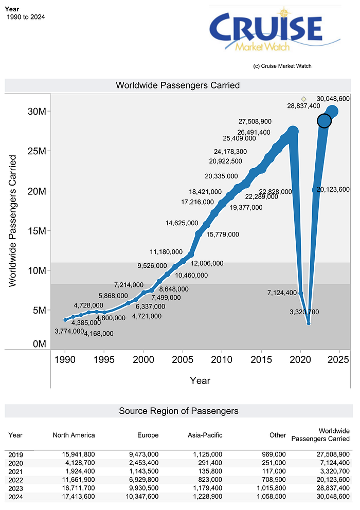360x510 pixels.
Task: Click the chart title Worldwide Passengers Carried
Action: pos(177,85)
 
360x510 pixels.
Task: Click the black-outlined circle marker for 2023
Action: pos(324,121)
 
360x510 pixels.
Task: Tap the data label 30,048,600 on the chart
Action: pos(333,98)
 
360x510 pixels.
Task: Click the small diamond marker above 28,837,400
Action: pos(303,99)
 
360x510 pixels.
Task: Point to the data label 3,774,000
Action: pos(69,331)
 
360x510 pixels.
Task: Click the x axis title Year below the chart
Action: pos(200,380)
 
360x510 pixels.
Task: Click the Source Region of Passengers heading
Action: pos(178,411)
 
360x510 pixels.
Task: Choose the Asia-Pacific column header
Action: pos(205,435)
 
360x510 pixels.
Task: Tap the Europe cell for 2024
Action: pos(140,497)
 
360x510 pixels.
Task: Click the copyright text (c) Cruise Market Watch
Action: pos(282,66)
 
